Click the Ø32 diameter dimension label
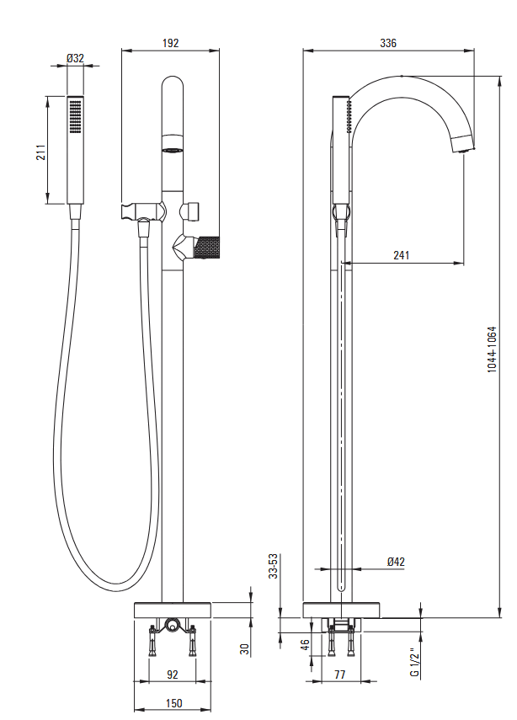point(76,58)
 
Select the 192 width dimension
point(171,43)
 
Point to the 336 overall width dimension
point(388,43)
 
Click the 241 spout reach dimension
point(402,255)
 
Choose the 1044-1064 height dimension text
point(493,349)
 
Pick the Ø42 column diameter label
point(397,561)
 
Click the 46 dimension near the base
point(306,648)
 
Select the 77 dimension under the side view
point(341,674)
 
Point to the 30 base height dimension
point(244,648)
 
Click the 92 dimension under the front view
point(173,674)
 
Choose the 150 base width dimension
point(173,703)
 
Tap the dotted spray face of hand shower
point(76,115)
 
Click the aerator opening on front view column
point(173,150)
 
